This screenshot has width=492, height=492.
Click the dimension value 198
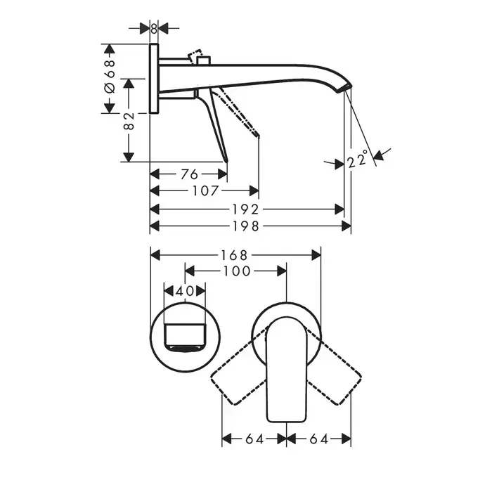coord(246,226)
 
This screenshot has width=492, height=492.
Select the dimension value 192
coord(246,209)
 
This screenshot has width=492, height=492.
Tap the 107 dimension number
coord(205,190)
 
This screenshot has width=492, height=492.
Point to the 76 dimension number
coord(189,174)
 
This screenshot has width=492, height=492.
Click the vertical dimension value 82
coord(129,121)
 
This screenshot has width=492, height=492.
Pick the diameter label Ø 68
coord(110,77)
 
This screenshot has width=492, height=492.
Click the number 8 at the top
coord(154,29)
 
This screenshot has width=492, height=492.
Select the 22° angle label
coord(358,159)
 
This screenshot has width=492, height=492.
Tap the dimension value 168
coord(234,255)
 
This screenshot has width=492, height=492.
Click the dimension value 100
coord(237,271)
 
